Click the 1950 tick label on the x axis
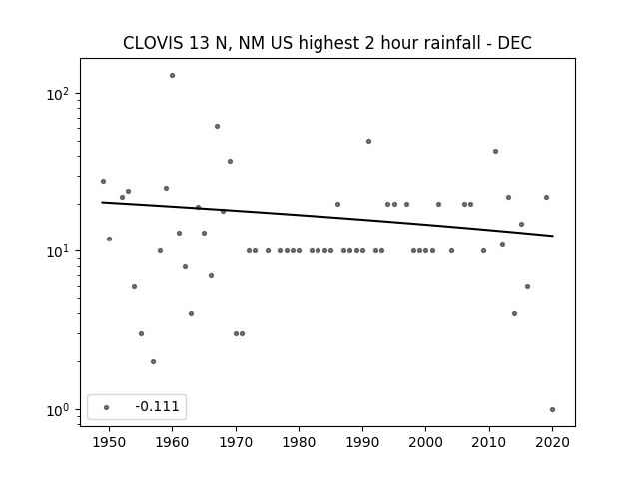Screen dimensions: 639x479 [x=109, y=442]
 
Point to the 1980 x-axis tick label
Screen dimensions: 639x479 [x=299, y=442]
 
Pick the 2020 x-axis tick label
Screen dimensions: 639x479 [x=552, y=442]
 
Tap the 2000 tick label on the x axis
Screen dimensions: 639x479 [x=425, y=442]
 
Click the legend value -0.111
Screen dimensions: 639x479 [x=157, y=406]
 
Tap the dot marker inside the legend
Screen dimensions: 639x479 [x=107, y=407]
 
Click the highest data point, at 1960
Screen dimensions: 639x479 [x=172, y=76]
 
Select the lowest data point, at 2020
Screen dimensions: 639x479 [x=552, y=410]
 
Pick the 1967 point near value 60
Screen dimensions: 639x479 [x=217, y=127]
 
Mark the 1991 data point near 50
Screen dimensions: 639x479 [x=368, y=142]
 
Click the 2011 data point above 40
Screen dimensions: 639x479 [x=495, y=151]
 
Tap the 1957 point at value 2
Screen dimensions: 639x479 [x=153, y=361]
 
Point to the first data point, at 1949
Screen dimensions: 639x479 [x=103, y=182]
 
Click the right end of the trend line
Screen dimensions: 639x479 [x=553, y=236]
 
